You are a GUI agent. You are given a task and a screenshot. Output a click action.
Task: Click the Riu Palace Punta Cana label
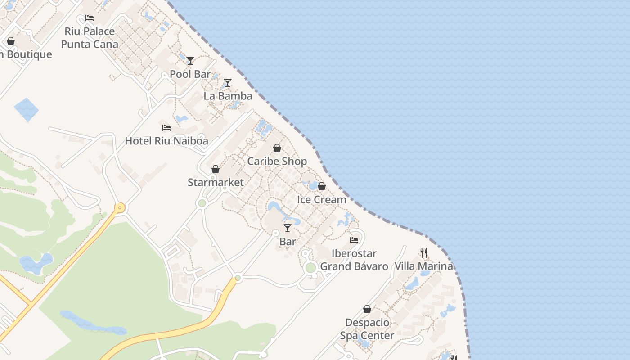click(x=90, y=38)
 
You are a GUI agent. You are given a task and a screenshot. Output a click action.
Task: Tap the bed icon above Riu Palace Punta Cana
click(x=90, y=18)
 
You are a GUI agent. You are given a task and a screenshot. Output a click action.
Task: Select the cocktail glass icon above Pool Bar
click(x=190, y=61)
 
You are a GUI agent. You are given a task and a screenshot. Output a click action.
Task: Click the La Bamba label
click(x=228, y=96)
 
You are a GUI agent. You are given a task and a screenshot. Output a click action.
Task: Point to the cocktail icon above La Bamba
click(x=228, y=83)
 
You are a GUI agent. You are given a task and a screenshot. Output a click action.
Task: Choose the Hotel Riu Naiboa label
click(x=166, y=141)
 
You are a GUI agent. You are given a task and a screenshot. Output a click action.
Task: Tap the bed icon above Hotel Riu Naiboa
click(x=166, y=128)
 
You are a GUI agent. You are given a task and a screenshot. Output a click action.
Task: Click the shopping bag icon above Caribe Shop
click(x=277, y=148)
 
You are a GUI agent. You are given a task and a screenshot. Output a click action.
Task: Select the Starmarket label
click(x=216, y=182)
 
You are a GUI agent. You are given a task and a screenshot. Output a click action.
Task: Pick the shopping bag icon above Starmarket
click(x=216, y=169)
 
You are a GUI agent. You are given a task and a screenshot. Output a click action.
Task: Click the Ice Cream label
click(x=322, y=199)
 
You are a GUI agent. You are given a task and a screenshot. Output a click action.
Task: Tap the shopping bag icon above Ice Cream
click(x=322, y=186)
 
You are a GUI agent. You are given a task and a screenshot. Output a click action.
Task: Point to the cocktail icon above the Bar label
click(x=288, y=228)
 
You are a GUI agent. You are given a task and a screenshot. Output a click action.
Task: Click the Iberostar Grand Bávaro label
click(x=354, y=260)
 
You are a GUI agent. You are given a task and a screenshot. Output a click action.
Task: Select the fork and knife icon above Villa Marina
click(x=423, y=252)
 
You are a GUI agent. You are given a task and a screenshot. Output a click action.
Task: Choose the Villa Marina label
click(x=423, y=266)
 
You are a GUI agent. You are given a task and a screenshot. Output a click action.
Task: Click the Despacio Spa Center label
click(x=367, y=329)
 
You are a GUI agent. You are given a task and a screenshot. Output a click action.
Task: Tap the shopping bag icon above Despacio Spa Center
click(x=367, y=309)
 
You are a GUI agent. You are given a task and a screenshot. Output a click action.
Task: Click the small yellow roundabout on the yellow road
click(x=119, y=208)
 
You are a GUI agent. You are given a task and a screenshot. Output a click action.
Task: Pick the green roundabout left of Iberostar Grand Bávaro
click(x=310, y=268)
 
